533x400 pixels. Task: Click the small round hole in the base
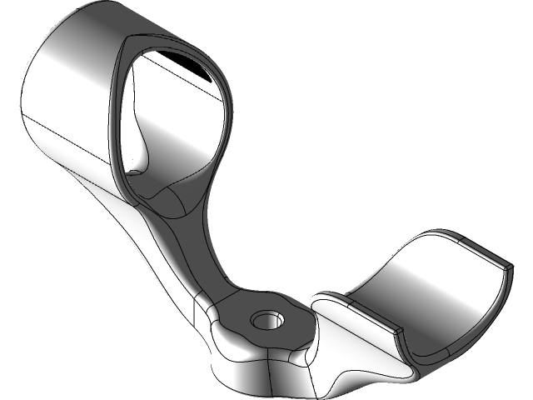267,320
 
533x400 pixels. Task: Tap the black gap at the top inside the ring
171,62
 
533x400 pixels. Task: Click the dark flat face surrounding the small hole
287,329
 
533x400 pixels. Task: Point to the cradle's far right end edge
506,275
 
